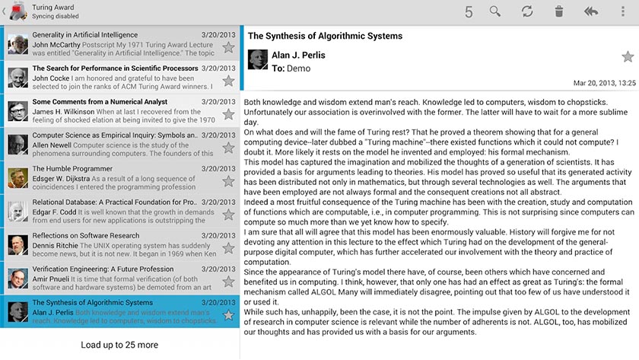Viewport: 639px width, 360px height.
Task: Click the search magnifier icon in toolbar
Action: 495,11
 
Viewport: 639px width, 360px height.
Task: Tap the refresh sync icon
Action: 527,11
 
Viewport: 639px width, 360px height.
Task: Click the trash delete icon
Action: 559,11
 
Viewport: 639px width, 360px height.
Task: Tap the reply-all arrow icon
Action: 591,11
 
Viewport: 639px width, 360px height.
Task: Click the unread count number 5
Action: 469,11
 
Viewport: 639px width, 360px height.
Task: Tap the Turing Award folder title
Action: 53,7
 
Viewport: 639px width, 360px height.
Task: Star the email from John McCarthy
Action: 228,47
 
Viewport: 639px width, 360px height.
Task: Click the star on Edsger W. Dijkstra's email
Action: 228,181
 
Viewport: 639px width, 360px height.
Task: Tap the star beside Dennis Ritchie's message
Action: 228,248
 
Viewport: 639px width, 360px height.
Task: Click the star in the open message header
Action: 628,56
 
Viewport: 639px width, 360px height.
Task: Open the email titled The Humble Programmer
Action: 72,169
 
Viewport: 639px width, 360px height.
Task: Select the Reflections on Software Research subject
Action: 86,236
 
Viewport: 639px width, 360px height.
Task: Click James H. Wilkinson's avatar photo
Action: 18,111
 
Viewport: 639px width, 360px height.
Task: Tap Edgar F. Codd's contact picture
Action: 18,212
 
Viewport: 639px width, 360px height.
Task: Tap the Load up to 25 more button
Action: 119,345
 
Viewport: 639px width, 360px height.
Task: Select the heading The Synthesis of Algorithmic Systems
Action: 325,36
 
